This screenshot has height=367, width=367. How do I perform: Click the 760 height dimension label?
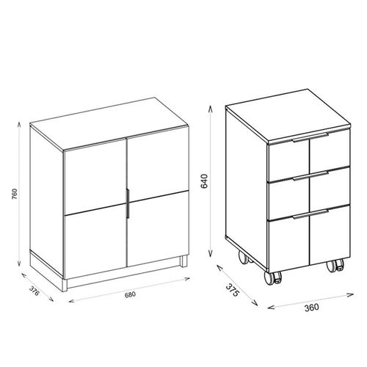pos(15,194)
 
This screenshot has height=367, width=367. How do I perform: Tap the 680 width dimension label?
pos(130,295)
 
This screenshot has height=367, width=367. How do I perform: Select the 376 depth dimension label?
pos(34,291)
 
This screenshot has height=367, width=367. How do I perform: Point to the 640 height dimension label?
pos(204,181)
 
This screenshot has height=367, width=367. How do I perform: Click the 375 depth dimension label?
pos(231,290)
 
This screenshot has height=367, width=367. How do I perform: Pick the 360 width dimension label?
pos(312,308)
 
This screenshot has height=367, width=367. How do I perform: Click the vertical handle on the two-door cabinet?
pos(128,203)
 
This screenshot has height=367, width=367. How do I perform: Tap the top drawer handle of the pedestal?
pos(310,137)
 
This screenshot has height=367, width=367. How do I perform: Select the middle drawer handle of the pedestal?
pos(310,176)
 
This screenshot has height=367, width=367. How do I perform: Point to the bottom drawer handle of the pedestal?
pos(310,214)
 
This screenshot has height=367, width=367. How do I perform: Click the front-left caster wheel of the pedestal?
pos(273,277)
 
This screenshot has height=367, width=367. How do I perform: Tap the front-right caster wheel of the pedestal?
pos(335,266)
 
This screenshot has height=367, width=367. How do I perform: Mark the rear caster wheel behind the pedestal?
pos(244,258)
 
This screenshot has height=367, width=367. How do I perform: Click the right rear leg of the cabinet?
pos(184,261)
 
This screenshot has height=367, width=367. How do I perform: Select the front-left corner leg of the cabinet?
pos(65,285)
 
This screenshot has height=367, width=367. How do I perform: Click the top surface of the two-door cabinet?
pos(109,123)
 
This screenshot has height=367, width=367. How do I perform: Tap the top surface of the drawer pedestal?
pos(288,115)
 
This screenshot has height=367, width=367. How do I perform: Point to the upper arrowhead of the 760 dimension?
pos(19,124)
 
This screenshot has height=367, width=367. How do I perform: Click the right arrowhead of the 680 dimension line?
pos(187,278)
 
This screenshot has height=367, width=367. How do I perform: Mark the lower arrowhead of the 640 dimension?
pos(210,254)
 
